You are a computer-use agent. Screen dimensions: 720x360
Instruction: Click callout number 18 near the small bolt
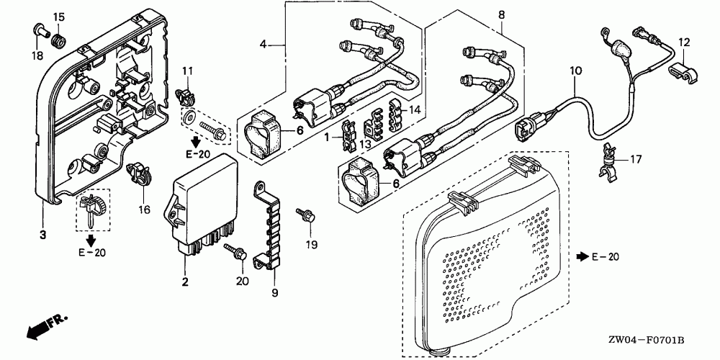pyautogui.click(x=37, y=56)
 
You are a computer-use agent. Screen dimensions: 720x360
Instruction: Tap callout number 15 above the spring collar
pyautogui.click(x=59, y=17)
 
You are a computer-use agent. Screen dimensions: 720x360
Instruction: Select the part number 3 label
pyautogui.click(x=42, y=235)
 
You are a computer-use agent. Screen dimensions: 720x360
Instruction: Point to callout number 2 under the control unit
pyautogui.click(x=184, y=282)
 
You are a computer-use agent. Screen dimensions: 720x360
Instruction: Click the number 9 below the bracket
pyautogui.click(x=274, y=292)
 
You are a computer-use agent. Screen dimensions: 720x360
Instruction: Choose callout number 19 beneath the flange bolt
pyautogui.click(x=312, y=245)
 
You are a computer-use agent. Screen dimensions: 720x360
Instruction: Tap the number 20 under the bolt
pyautogui.click(x=242, y=281)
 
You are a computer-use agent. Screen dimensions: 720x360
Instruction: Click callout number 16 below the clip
pyautogui.click(x=145, y=210)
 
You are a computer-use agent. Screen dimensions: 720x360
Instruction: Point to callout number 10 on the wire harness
pyautogui.click(x=576, y=71)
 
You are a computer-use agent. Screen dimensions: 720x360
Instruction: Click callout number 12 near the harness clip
pyautogui.click(x=684, y=42)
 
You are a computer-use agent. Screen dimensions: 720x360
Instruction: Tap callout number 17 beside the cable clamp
pyautogui.click(x=635, y=160)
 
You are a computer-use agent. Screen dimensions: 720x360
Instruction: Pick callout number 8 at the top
pyautogui.click(x=501, y=14)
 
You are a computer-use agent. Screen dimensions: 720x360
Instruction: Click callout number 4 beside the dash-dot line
pyautogui.click(x=263, y=45)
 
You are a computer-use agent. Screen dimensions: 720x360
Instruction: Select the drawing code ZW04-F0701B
pyautogui.click(x=646, y=341)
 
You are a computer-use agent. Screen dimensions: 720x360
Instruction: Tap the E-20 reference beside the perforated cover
pyautogui.click(x=598, y=257)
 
